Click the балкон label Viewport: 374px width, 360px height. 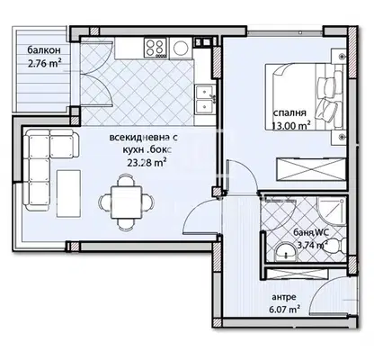44,50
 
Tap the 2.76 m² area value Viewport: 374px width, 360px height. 45,63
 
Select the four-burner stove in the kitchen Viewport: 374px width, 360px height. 156,48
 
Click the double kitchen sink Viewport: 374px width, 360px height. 205,98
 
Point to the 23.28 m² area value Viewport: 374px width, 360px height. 147,163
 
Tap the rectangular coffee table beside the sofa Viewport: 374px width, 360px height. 68,193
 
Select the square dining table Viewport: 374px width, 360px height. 126,203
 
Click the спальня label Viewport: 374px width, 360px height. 289,113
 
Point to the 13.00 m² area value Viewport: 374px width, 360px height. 290,126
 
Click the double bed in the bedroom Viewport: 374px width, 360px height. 304,97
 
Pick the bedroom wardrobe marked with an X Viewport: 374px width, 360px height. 311,169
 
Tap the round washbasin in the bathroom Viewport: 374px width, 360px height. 286,253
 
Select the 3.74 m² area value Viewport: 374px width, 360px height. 312,245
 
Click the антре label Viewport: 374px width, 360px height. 284,297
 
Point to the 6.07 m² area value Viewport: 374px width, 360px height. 286,309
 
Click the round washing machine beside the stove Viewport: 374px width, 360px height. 181,49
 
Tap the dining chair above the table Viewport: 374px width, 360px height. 126,180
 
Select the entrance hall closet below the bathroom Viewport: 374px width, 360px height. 298,274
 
